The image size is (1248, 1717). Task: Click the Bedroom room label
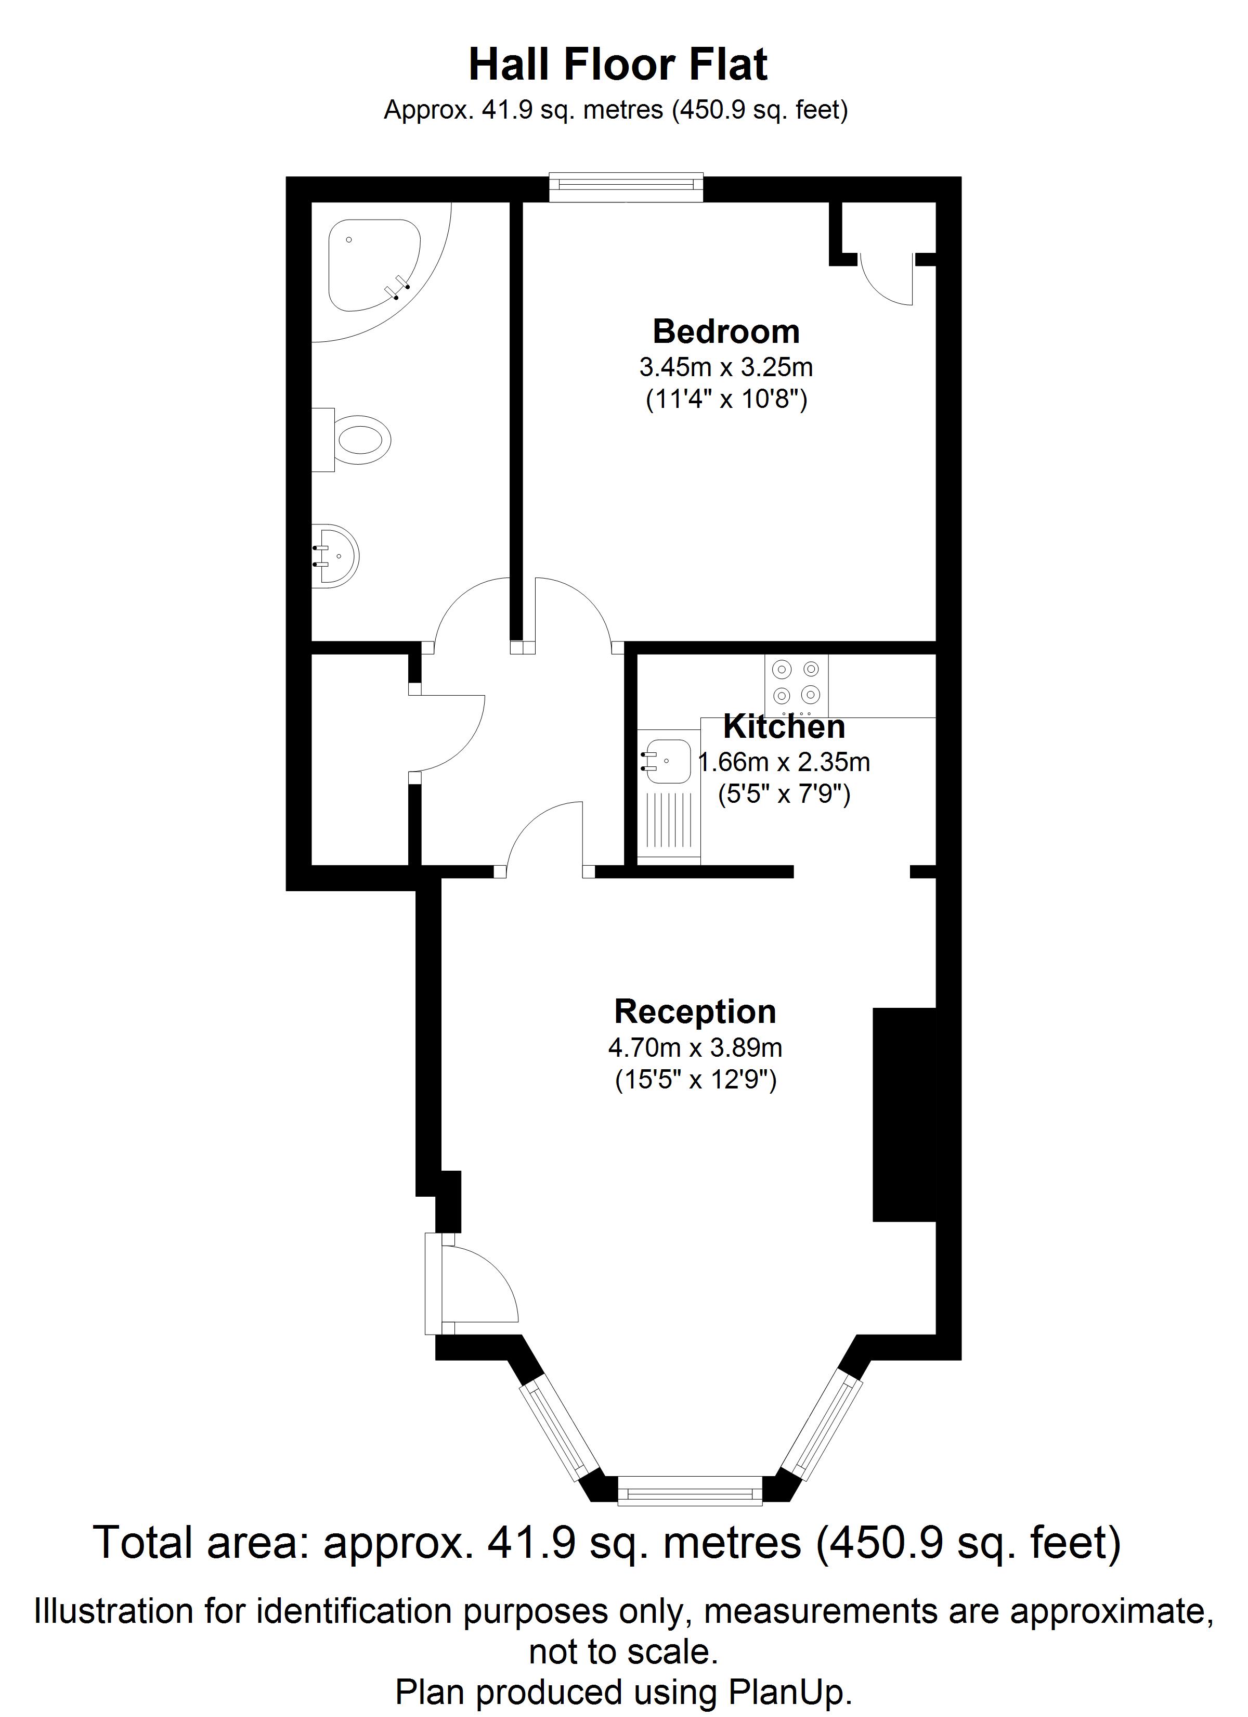tap(726, 331)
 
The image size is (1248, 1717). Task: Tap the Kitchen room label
tap(784, 727)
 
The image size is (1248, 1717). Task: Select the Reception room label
tap(695, 1011)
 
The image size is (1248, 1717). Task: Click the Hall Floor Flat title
tap(618, 65)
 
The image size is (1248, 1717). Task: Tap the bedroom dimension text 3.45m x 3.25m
tap(726, 367)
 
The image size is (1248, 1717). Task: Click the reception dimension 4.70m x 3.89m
tap(695, 1048)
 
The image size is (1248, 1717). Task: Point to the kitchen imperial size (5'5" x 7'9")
tap(784, 794)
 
